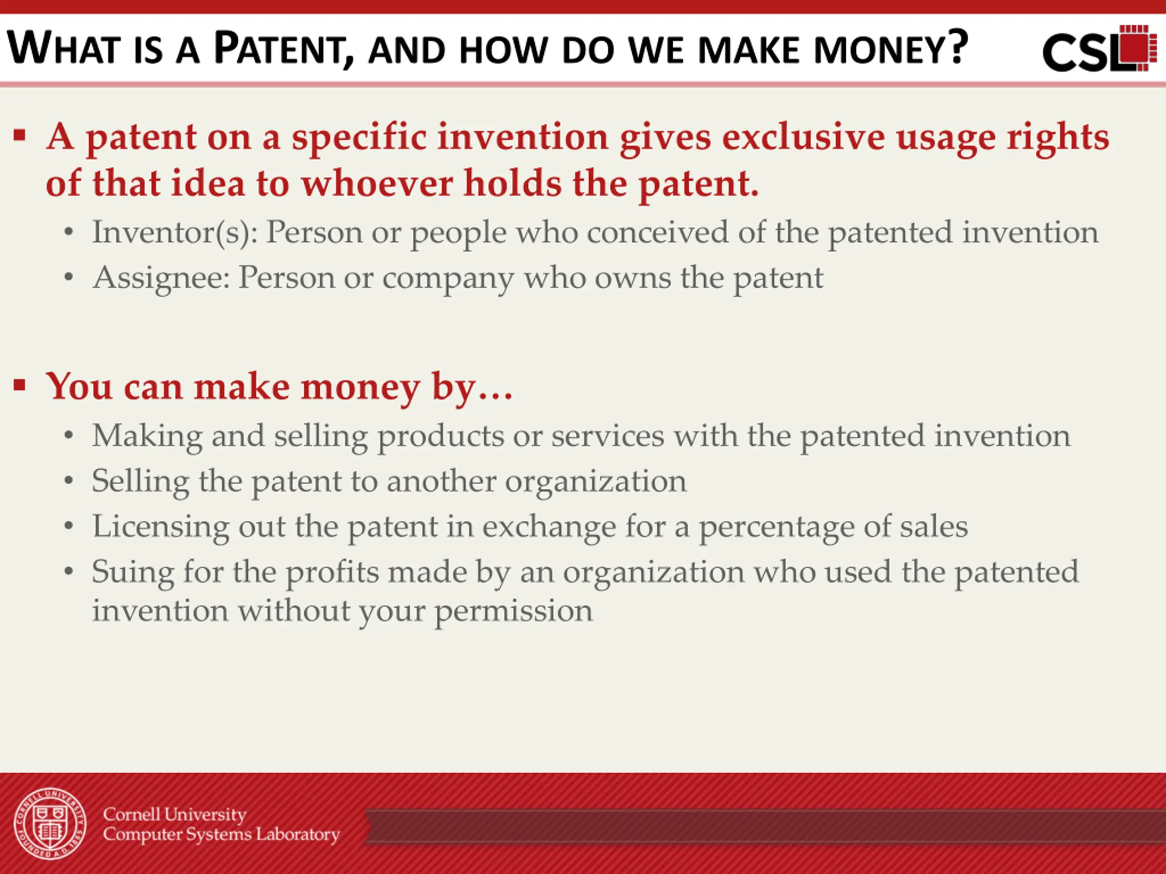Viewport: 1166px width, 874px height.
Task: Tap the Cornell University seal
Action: tap(50, 823)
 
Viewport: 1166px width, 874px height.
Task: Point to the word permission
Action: tap(513, 612)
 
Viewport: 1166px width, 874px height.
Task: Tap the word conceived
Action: tap(658, 232)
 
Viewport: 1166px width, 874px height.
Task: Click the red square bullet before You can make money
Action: tap(20, 385)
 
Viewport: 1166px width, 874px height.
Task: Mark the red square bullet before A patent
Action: tap(20, 135)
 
